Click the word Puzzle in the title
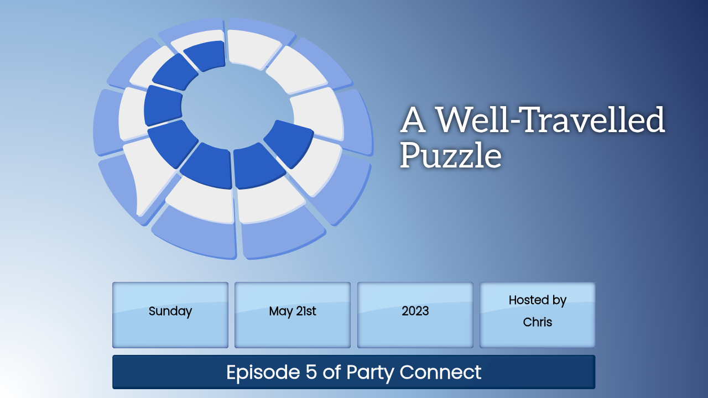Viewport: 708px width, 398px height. pyautogui.click(x=451, y=155)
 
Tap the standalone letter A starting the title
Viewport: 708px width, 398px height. pyautogui.click(x=413, y=120)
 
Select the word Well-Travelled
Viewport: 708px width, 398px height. pyautogui.click(x=550, y=119)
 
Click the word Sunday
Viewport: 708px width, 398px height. pyautogui.click(x=170, y=311)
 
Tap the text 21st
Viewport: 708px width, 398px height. pyautogui.click(x=306, y=311)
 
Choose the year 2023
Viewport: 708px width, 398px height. pyautogui.click(x=415, y=311)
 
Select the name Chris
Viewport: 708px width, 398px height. pyautogui.click(x=537, y=322)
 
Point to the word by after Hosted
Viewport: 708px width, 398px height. pyautogui.click(x=559, y=300)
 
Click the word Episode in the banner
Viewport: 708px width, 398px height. pyautogui.click(x=263, y=373)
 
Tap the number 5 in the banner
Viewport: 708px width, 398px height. pyautogui.click(x=311, y=372)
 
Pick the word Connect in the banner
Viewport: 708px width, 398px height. pyautogui.click(x=440, y=372)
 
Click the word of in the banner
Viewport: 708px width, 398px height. pyautogui.click(x=331, y=371)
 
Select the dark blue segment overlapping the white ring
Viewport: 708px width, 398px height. pyautogui.click(x=288, y=143)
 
